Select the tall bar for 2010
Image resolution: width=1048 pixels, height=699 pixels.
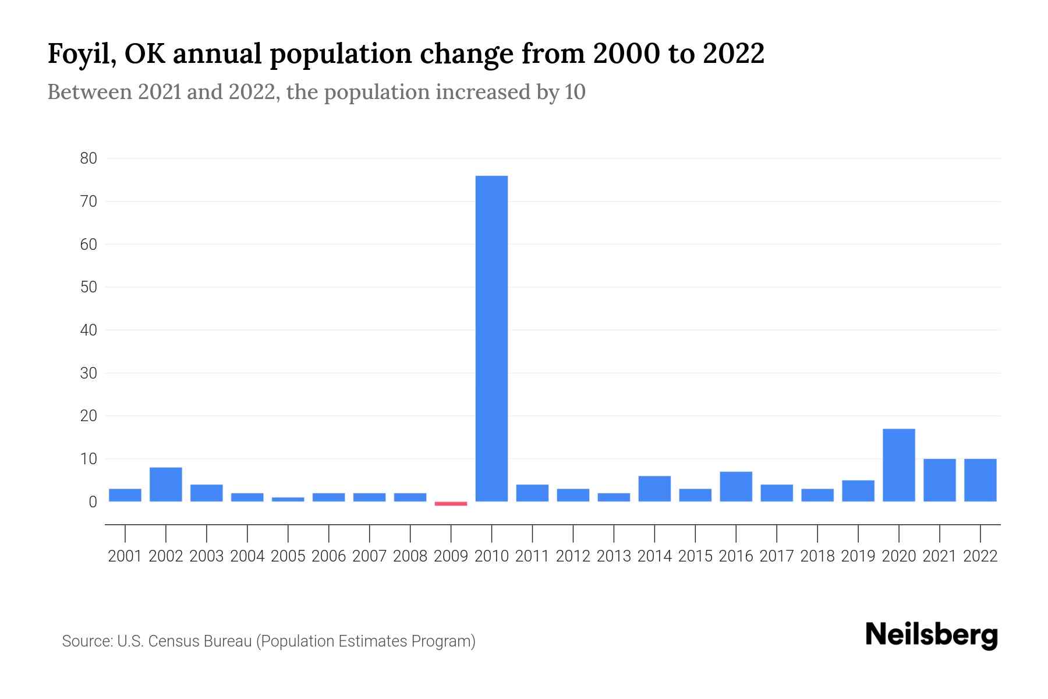click(491, 338)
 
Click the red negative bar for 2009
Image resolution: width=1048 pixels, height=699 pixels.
click(451, 503)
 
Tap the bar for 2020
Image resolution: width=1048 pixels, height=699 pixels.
click(898, 465)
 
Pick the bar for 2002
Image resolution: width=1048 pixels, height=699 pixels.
click(166, 484)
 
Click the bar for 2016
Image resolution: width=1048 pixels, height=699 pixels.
click(736, 486)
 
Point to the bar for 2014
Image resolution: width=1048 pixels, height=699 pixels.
click(654, 489)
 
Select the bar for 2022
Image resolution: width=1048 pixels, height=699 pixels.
click(980, 480)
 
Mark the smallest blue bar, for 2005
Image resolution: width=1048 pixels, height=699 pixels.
click(288, 499)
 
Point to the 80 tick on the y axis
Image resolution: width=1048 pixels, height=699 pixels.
click(88, 158)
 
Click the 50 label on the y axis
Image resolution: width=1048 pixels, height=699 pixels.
click(88, 287)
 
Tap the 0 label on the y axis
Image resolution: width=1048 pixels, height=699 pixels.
click(93, 502)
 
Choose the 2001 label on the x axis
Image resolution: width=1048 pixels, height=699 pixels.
click(125, 556)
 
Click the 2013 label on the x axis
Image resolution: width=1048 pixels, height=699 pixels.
click(614, 556)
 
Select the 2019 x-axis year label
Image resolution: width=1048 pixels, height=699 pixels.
click(858, 556)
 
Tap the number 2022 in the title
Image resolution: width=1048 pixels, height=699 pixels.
click(733, 54)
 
